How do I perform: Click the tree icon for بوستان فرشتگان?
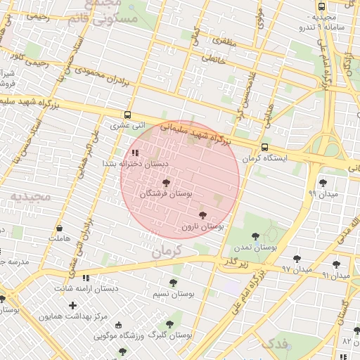pos(166,182)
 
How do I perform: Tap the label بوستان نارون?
pos(202,227)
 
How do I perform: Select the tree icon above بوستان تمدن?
pos(255,237)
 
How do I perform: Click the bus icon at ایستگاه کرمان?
pos(264,148)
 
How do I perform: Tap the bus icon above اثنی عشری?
pos(127,115)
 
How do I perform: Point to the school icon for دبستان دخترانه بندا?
pos(134,151)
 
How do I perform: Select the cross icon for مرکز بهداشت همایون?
pos(73,305)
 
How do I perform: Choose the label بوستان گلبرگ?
pos(171,336)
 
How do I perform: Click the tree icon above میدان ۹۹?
pos(323,183)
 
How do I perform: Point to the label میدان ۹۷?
pos(296,269)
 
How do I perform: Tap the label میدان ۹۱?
pos(335,275)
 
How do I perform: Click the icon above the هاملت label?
pos(59,229)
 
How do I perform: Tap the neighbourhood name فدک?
pos(274,343)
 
